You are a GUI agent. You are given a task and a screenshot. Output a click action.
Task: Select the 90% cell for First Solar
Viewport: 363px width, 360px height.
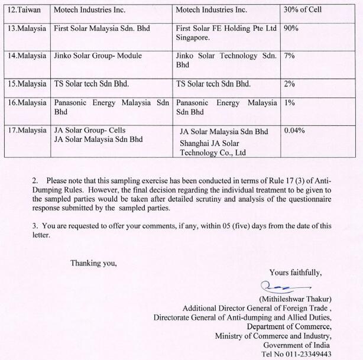pos(291,28)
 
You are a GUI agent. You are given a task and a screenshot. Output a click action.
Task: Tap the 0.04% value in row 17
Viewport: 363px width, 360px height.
pos(294,130)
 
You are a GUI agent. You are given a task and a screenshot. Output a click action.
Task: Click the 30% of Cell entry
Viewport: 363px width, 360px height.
pos(304,10)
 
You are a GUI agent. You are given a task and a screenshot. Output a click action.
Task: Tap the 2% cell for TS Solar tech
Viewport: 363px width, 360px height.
pos(289,84)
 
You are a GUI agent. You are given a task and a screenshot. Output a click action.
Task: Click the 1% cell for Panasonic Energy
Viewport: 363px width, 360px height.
pos(289,103)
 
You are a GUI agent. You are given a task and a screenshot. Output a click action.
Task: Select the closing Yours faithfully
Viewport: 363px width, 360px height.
pos(295,273)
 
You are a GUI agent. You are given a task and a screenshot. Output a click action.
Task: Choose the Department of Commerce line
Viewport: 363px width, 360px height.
pos(289,326)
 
